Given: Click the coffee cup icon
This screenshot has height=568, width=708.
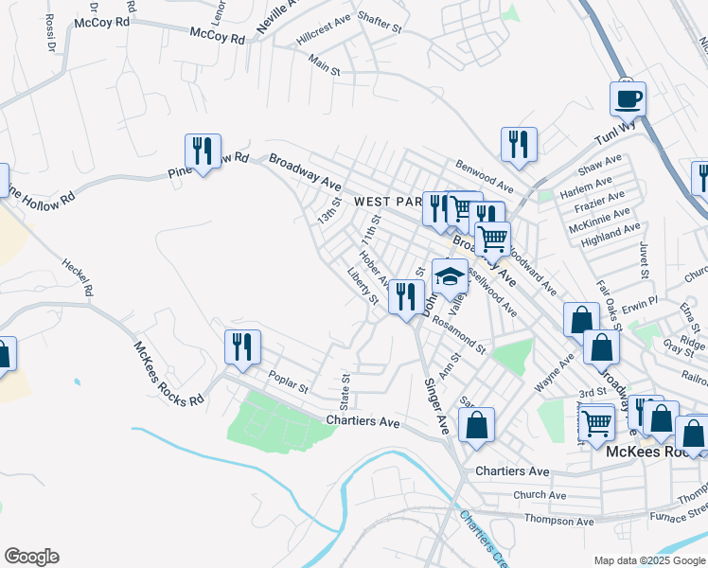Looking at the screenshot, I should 628,98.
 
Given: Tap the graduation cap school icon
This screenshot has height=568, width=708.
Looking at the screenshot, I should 450,276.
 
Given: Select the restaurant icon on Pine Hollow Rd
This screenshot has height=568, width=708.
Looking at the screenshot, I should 203,151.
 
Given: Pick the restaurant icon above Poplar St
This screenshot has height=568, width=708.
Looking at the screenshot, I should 242,346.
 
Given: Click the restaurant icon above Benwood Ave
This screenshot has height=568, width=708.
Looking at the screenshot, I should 519,144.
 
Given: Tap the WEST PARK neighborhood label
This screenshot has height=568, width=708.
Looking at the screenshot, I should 388,202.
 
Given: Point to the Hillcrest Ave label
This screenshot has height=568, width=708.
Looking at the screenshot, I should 324,30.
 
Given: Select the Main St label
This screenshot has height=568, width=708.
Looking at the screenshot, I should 325,62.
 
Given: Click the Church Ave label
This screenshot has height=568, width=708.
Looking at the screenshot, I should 540,495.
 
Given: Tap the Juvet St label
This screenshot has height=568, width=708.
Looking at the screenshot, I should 644,261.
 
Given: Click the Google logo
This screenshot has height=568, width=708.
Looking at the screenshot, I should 31,557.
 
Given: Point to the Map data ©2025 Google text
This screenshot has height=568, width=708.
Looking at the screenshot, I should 649,560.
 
